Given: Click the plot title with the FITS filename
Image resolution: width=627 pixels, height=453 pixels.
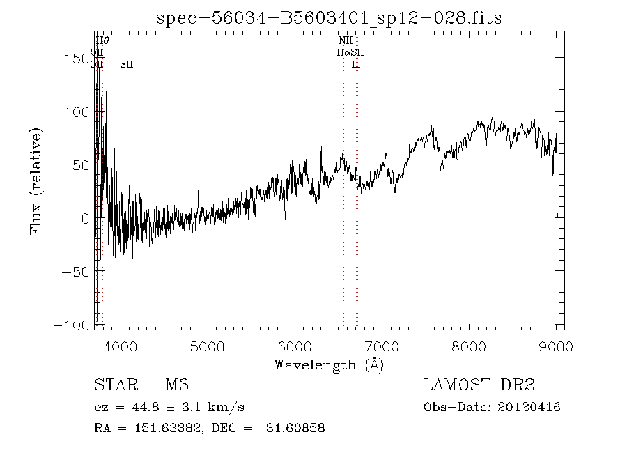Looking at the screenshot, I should coord(329,17).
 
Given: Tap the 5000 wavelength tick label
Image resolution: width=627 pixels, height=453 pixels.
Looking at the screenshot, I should coord(207,346).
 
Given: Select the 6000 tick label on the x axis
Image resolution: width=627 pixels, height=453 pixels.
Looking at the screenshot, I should coord(294,346).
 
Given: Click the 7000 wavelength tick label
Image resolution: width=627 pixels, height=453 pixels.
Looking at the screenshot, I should coord(381,346).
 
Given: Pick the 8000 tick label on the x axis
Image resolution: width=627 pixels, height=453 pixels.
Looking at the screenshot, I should coord(468,346).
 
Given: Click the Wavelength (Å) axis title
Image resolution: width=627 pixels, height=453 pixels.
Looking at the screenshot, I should coord(328,364).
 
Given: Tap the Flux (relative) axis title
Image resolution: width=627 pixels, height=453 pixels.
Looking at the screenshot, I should coord(36,181).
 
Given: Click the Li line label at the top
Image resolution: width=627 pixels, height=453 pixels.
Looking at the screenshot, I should coord(356,64).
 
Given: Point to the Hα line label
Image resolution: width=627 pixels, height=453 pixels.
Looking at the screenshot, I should coord(343,52).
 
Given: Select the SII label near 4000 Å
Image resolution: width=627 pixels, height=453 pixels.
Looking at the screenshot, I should coord(126,64).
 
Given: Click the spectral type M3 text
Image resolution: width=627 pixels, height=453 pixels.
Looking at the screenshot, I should coord(177,385).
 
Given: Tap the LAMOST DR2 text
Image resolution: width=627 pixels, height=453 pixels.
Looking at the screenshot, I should coord(479,385).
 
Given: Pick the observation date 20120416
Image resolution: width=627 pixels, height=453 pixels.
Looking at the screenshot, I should coord(530,407).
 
